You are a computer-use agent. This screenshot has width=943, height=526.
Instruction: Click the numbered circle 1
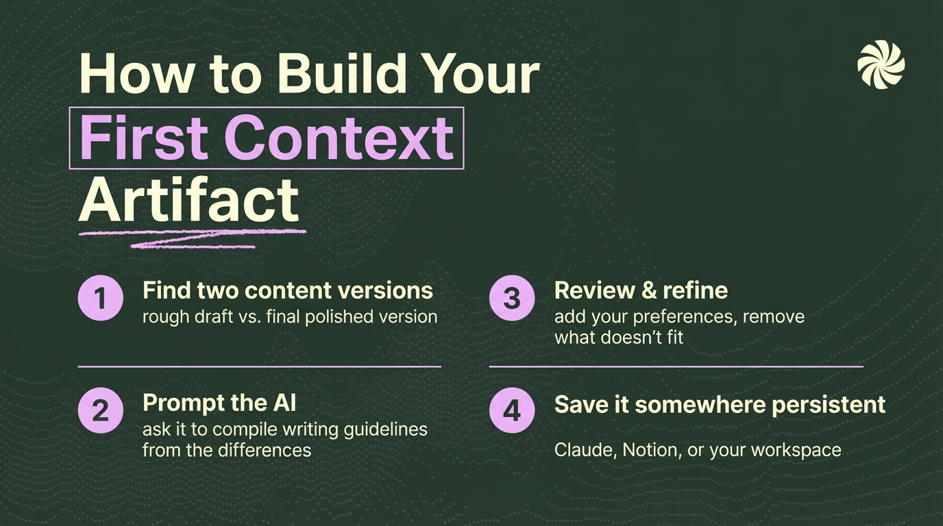[x=101, y=299]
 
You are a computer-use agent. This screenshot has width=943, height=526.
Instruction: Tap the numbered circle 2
[x=101, y=410]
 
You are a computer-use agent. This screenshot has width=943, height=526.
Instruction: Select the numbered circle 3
[x=512, y=299]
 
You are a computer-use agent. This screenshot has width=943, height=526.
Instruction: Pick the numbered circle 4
[x=512, y=410]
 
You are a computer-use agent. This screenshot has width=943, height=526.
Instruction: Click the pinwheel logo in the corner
[x=881, y=64]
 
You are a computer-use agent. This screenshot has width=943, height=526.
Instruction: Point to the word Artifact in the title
[x=189, y=200]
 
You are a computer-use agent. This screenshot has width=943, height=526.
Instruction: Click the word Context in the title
[x=339, y=138]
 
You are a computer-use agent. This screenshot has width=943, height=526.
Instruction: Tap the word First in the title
[x=144, y=138]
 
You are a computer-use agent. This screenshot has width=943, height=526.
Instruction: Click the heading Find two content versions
[x=288, y=290]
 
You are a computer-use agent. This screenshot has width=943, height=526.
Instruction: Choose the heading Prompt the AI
[x=219, y=403]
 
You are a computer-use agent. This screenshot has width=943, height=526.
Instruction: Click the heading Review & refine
[x=641, y=290]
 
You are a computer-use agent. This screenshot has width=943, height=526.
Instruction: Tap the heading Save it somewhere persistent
[x=720, y=404]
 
